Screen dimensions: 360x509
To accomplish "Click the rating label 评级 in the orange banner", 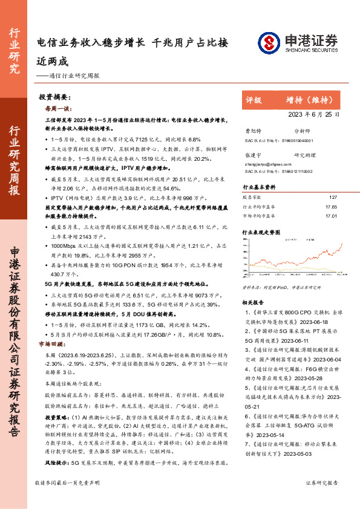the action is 254,100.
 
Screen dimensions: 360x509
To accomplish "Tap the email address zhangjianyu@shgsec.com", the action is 264,163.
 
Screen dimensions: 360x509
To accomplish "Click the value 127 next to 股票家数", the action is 332,198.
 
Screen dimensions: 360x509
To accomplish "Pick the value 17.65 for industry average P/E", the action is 331,207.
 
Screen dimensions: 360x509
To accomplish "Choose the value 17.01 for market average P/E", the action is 331,215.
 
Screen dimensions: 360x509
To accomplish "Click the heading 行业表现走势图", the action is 261,232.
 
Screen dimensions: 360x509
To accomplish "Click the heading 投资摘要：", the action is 55,97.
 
